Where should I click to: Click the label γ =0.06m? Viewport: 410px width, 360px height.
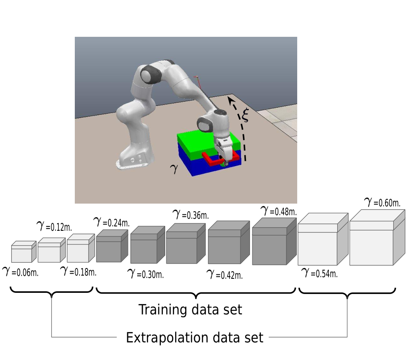[20, 272]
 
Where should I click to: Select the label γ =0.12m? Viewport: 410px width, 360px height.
[54, 226]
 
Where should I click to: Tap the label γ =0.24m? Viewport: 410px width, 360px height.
[111, 222]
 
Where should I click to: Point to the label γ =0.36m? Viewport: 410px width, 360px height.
[191, 215]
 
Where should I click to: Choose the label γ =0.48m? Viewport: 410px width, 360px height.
[279, 211]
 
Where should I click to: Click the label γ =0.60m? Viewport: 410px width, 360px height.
[382, 202]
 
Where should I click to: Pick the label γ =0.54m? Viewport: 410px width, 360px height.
[319, 273]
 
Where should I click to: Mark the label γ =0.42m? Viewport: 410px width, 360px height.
[225, 274]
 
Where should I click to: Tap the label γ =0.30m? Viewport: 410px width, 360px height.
[146, 274]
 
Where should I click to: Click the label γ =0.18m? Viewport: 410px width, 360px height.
[78, 271]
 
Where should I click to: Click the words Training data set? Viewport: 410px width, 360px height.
[190, 310]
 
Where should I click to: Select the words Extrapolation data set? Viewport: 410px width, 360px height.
[194, 338]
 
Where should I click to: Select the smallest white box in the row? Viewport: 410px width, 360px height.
[24, 252]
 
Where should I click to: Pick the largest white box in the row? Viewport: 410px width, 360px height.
[377, 237]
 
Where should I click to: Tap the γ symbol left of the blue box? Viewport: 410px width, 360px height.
[174, 169]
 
